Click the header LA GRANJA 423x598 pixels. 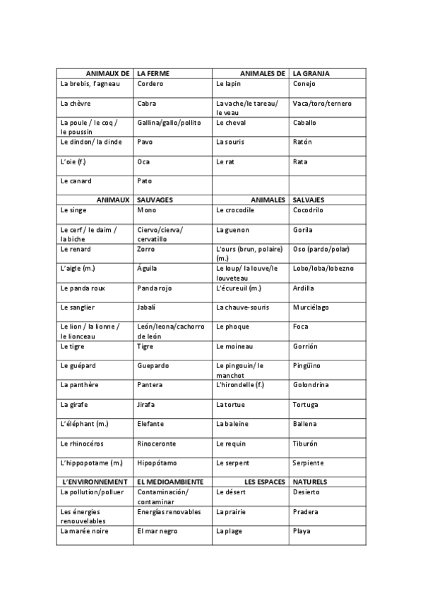[311, 73]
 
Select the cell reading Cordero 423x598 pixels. [150, 84]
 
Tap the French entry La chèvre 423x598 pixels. [76, 104]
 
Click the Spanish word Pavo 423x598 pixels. [145, 142]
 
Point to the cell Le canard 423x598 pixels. [76, 181]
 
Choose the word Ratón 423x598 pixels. [302, 142]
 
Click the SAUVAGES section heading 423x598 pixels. [155, 200]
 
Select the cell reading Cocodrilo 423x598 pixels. [308, 210]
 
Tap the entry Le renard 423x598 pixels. [76, 249]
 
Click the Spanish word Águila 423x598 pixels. [148, 268]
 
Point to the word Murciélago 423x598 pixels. [311, 307]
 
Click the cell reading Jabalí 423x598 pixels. [147, 307]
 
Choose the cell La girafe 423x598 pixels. [76, 405]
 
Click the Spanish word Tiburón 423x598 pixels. [306, 444]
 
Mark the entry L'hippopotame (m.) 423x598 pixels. [92, 463]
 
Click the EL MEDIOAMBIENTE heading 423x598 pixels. [170, 482]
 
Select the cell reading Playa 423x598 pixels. [302, 531]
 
